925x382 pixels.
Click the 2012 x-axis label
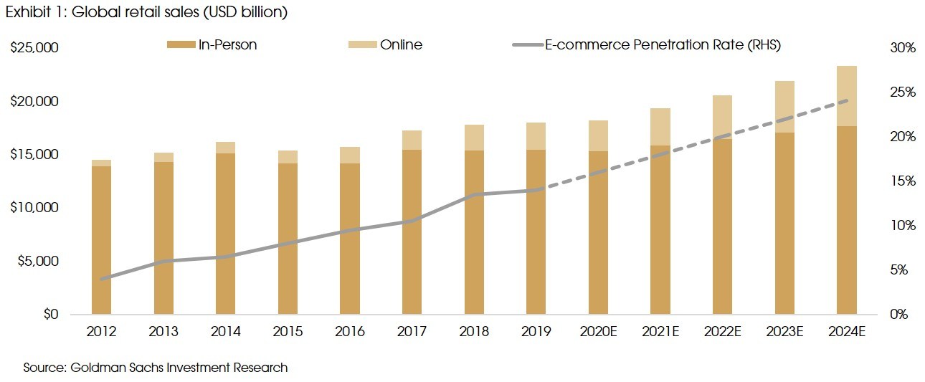(101, 332)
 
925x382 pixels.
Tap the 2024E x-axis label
(847, 332)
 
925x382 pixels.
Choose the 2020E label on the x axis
(598, 332)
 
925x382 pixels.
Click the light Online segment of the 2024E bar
(847, 95)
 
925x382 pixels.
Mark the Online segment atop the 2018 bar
(474, 138)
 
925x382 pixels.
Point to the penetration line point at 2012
(101, 279)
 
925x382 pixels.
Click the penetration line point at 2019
(536, 190)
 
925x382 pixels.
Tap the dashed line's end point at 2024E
(847, 100)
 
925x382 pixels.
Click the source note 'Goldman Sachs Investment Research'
(156, 368)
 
